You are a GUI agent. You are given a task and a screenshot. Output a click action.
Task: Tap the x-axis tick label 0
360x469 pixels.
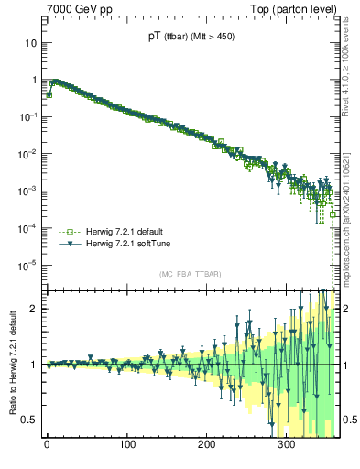tap(47, 446)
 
